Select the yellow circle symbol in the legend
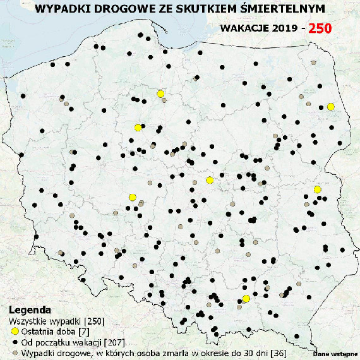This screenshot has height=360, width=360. click(x=15, y=332)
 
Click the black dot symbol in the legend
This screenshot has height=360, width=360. click(x=15, y=342)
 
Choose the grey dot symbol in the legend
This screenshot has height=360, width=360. click(x=15, y=352)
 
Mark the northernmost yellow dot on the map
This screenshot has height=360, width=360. click(x=160, y=93)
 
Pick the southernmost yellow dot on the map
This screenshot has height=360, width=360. click(x=246, y=299)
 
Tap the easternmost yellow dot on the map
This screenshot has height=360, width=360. click(x=330, y=107)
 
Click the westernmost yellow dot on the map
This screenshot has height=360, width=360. click(x=132, y=197)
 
